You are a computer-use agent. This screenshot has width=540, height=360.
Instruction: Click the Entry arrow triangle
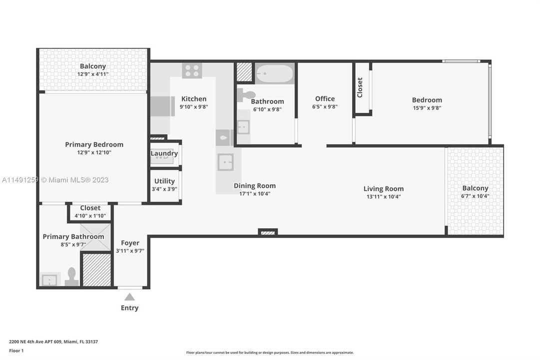[x=129, y=297]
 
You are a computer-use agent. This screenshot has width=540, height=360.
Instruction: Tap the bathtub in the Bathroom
[x=274, y=74]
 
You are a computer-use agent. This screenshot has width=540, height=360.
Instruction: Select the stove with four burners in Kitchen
[x=192, y=70]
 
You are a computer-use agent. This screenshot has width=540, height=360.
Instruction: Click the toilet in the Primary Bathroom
[x=71, y=276]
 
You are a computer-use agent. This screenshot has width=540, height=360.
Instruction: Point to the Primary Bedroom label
[x=94, y=144]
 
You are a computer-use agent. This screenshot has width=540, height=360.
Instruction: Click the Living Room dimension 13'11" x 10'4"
[x=384, y=196]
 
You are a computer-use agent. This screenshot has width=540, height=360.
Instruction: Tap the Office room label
[x=325, y=98]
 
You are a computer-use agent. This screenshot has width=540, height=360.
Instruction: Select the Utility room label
[x=164, y=181]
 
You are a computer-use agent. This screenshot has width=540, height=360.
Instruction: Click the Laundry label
[x=164, y=153]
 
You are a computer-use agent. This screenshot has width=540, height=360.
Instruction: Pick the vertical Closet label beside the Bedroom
[x=360, y=87]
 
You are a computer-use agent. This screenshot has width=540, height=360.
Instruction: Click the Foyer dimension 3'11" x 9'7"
[x=130, y=251]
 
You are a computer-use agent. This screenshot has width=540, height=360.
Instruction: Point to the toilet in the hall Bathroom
[x=247, y=94]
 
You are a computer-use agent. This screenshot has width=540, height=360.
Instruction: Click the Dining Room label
[x=255, y=185]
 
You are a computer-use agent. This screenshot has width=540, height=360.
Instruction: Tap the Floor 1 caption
[x=16, y=350]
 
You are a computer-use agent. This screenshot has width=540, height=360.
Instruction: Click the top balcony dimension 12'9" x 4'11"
[x=93, y=74]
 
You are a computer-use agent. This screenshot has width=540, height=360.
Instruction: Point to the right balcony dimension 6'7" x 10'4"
[x=475, y=196]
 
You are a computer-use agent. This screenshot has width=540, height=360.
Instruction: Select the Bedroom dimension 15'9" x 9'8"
[x=427, y=107]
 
